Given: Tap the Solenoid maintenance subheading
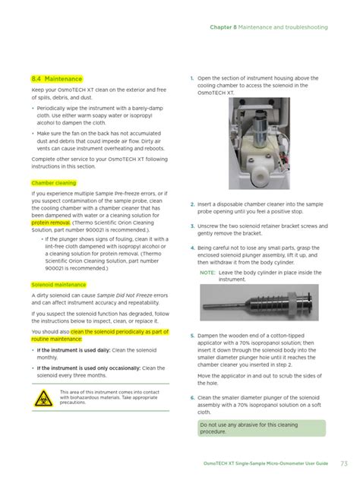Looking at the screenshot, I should point(58,283).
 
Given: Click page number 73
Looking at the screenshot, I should point(343,463).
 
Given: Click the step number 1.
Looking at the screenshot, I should point(191,78).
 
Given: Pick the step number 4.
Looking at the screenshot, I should point(191,248).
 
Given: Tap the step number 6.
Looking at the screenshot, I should point(191,397).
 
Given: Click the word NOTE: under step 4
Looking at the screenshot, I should point(208,272).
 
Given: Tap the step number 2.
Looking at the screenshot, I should point(191,204).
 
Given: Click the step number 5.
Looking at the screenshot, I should point(191,333).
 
